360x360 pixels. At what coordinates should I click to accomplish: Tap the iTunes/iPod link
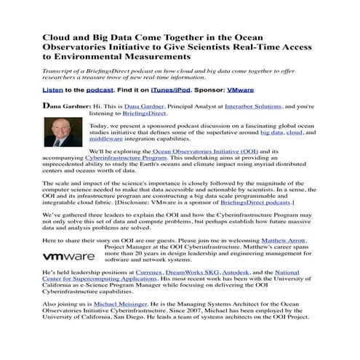(170, 92)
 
